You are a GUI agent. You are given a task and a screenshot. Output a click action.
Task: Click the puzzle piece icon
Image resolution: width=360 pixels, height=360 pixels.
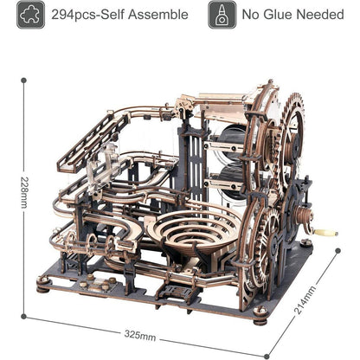(30, 14)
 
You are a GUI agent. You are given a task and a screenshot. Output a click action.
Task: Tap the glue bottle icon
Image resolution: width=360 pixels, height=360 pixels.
(222, 14)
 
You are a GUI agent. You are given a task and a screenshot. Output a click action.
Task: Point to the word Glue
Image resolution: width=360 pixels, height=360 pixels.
(288, 15)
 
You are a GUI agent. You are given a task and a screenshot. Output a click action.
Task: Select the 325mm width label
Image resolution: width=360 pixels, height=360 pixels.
(140, 334)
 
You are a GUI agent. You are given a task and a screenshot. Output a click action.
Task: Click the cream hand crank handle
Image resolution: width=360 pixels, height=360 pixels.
(326, 232)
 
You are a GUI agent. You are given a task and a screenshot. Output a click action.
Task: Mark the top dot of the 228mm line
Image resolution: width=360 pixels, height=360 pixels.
(23, 80)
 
